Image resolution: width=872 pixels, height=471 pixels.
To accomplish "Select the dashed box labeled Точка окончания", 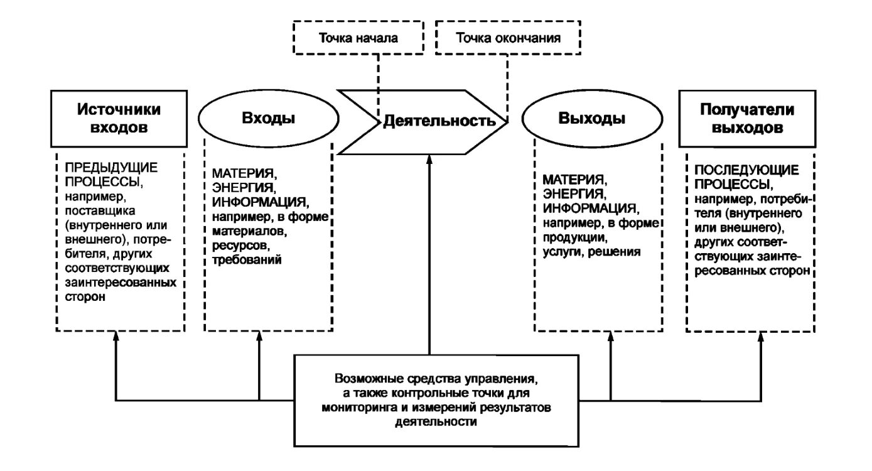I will (x=508, y=38).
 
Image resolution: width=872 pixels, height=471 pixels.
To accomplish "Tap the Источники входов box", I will (x=119, y=118).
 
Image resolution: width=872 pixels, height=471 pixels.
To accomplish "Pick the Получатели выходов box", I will (x=747, y=118).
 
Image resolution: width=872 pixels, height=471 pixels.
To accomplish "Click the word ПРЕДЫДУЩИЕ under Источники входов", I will (x=109, y=168).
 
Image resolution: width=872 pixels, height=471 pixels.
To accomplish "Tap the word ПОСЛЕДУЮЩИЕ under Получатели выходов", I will (x=736, y=170).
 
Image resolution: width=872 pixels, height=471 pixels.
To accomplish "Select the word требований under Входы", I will (x=245, y=259).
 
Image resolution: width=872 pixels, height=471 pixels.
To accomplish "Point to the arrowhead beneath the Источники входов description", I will (x=116, y=337).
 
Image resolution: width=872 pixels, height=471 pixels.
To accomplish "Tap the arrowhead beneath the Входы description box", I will (x=259, y=337).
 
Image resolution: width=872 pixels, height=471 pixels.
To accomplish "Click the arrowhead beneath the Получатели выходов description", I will (x=762, y=337).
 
